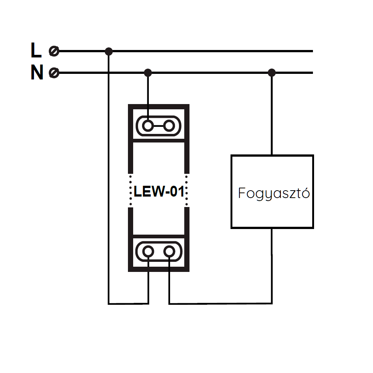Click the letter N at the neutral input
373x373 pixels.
click(x=37, y=72)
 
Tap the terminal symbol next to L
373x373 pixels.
click(x=54, y=51)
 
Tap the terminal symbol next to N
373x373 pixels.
click(x=54, y=72)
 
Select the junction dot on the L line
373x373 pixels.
click(x=109, y=51)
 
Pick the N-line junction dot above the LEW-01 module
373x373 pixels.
click(x=148, y=72)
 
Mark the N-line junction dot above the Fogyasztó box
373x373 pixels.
click(x=272, y=72)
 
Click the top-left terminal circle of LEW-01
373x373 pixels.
click(x=148, y=126)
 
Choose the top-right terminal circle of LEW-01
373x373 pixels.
click(x=169, y=126)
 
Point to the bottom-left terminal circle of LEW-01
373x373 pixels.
click(x=148, y=252)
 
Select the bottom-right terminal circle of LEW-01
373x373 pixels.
click(x=169, y=252)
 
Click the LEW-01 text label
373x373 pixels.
click(x=159, y=192)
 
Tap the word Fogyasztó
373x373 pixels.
click(x=274, y=194)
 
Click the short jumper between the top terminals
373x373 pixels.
click(x=159, y=126)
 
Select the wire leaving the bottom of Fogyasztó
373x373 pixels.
click(x=272, y=265)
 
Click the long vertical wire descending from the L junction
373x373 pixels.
click(x=109, y=179)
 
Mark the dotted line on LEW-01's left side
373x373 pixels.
click(x=131, y=190)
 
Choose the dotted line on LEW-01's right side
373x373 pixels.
click(x=186, y=190)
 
